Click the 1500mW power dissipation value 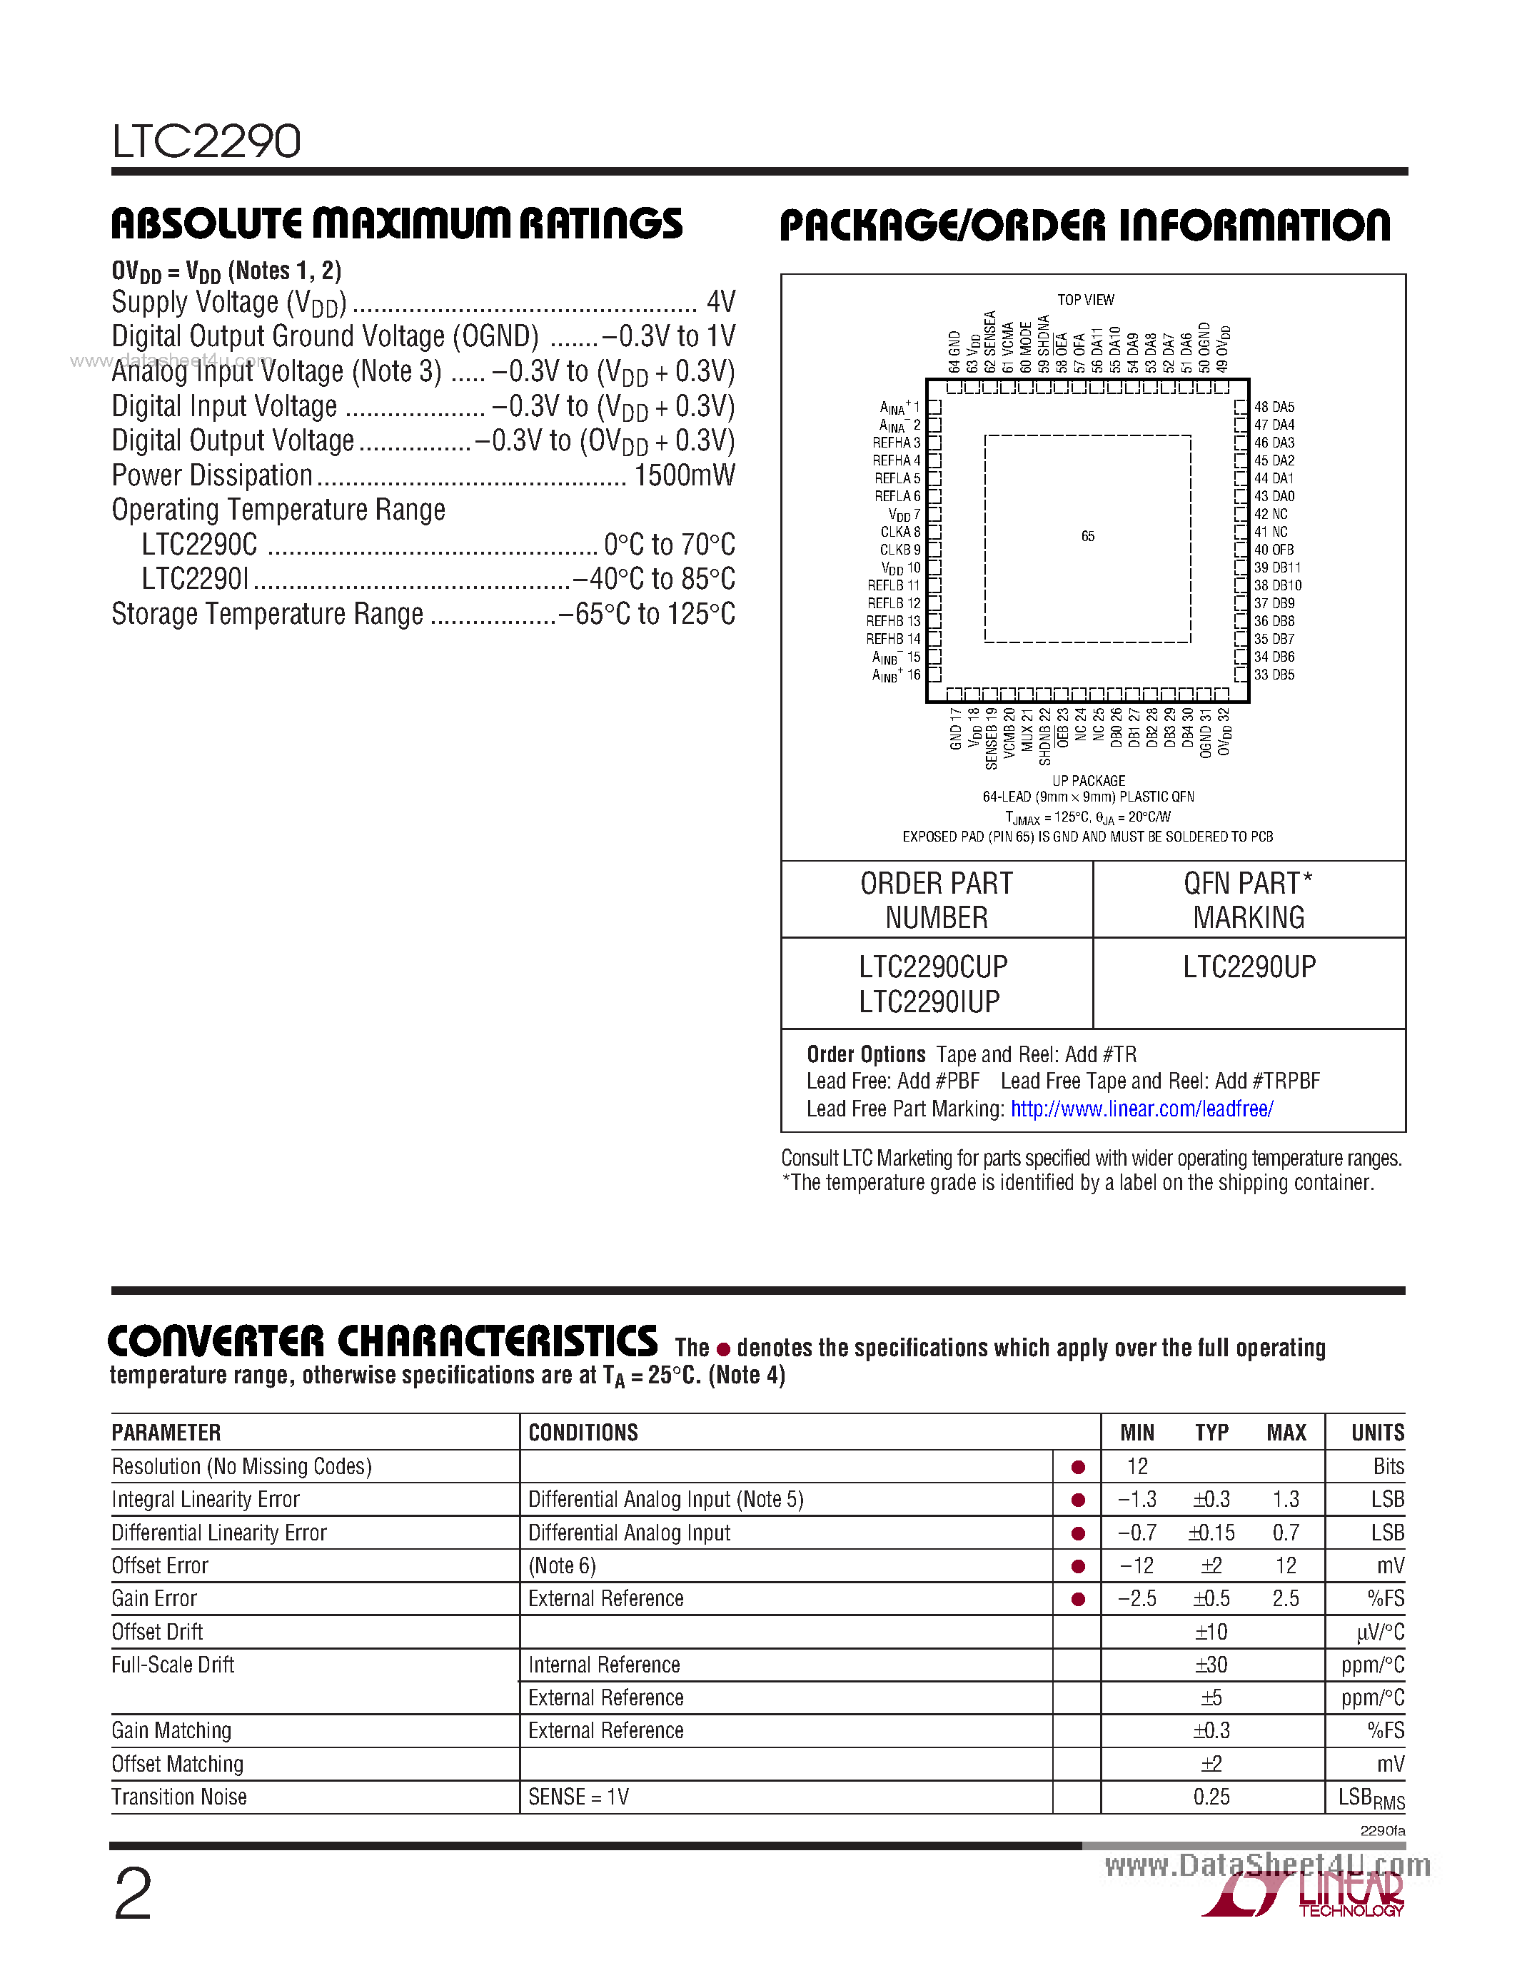(x=684, y=475)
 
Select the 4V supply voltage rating (x=721, y=301)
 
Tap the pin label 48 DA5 (x=1274, y=407)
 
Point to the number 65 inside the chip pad (x=1087, y=537)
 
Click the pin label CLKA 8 (x=899, y=532)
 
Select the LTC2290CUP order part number (x=933, y=967)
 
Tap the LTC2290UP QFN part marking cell (x=1249, y=967)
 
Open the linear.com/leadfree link (x=1141, y=1109)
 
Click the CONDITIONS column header (x=583, y=1433)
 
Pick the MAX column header (x=1286, y=1433)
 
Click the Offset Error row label (x=160, y=1565)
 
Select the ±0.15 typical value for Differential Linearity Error (x=1211, y=1533)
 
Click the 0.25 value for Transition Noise (x=1211, y=1797)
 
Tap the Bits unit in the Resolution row (x=1388, y=1467)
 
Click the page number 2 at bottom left (x=133, y=1894)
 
